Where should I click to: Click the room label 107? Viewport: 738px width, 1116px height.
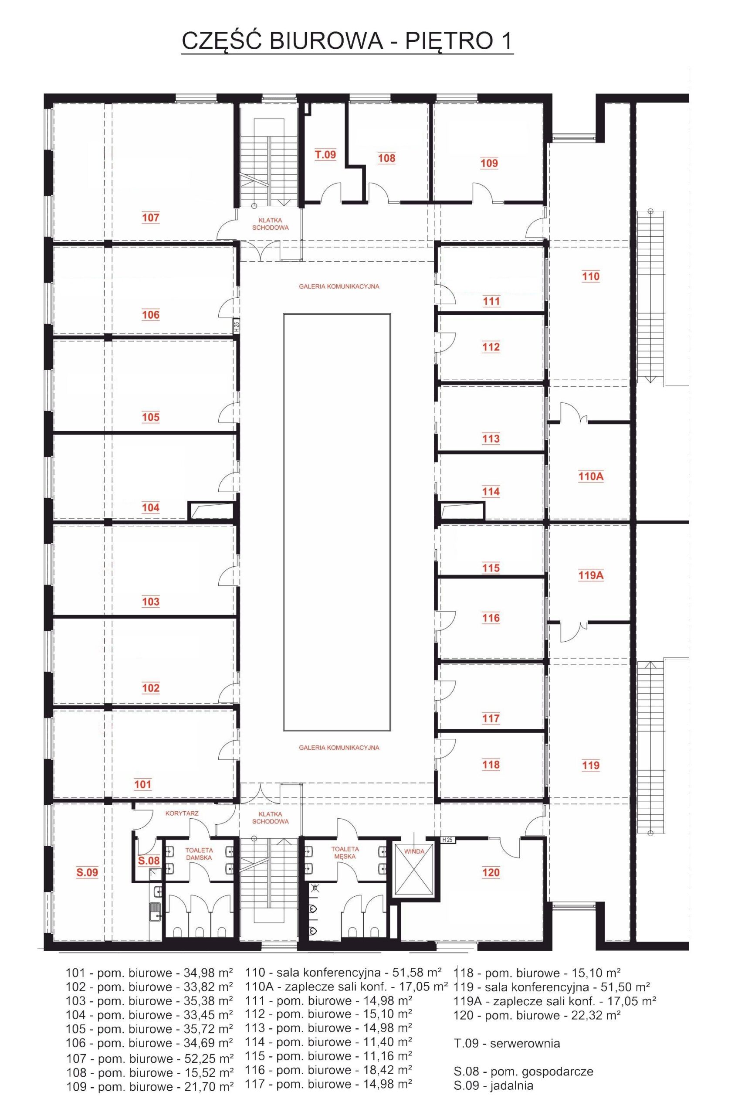[151, 218]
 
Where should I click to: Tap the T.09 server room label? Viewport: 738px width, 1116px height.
[325, 154]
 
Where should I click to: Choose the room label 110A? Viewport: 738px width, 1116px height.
[591, 476]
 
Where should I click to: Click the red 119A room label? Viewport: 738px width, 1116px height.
[591, 575]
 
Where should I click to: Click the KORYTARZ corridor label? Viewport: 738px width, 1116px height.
[182, 813]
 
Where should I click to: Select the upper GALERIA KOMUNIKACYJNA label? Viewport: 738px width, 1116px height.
[339, 286]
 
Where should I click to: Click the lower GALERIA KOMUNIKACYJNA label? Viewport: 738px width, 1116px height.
[339, 747]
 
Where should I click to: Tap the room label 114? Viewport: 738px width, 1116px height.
[491, 492]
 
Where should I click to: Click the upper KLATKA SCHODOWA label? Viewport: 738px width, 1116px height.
[270, 224]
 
